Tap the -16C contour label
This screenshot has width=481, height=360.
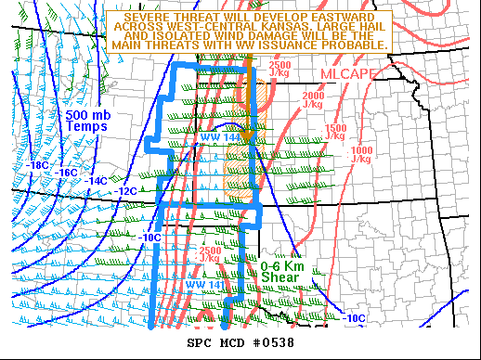[67, 173]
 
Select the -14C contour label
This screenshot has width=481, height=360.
[96, 180]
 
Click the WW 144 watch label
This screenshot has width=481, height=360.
[219, 137]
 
